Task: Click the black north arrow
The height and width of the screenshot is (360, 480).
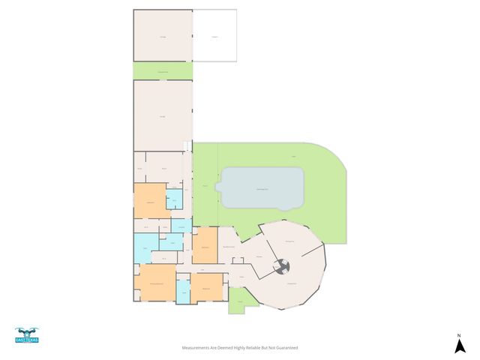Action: tap(458, 346)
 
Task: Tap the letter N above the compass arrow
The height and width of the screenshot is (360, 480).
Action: tap(458, 334)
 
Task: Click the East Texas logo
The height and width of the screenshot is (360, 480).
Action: tap(26, 336)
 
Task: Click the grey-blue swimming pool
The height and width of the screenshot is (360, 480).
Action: tap(262, 187)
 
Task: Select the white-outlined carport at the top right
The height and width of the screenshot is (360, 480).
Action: tap(215, 35)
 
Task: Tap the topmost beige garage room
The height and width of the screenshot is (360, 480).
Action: tap(163, 35)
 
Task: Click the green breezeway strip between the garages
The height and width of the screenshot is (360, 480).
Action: tap(163, 70)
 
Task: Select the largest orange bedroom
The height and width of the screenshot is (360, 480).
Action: tap(156, 283)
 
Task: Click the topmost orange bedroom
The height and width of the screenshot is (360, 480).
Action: tap(150, 201)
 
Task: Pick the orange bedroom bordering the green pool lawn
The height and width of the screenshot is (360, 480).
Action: tap(205, 246)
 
